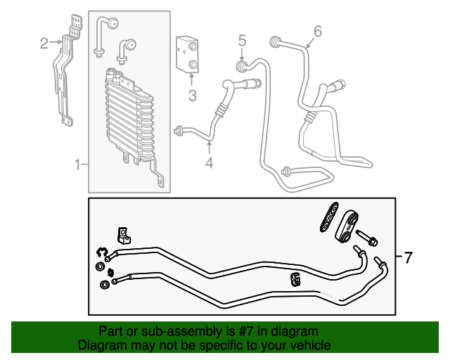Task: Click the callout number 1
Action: tap(78, 165)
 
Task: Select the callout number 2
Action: tap(44, 44)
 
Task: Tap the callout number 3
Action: tap(191, 95)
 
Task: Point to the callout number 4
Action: tap(209, 165)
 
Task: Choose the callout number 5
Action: tap(242, 41)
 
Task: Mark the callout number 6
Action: tap(317, 31)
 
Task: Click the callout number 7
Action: tap(408, 257)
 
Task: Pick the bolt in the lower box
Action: tap(366, 237)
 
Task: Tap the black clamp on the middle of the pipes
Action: tap(296, 279)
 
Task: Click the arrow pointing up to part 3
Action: tap(191, 79)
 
